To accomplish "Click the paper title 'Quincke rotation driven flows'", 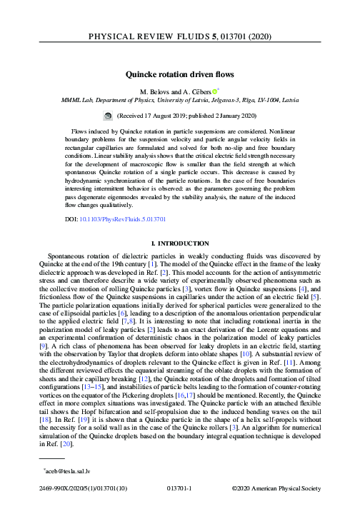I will [x=180, y=73].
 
